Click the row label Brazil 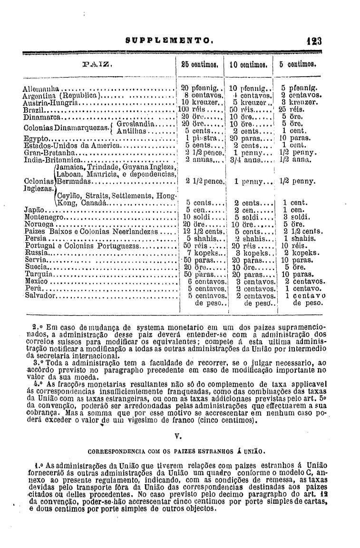click(x=34, y=109)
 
